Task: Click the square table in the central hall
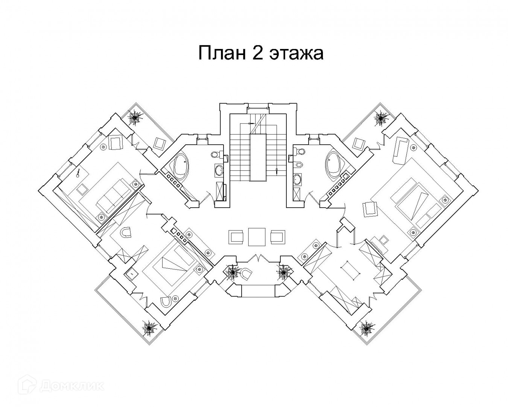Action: click(x=257, y=236)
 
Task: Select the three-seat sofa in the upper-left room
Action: click(x=113, y=194)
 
